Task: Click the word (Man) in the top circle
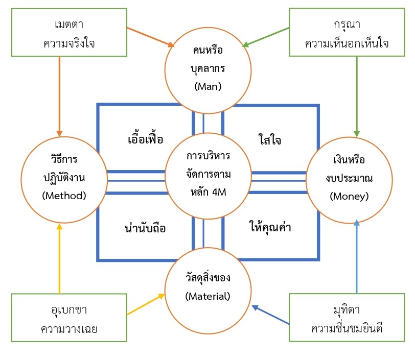tap(207, 86)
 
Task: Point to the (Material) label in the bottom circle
tap(207, 296)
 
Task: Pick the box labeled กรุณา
tap(347, 32)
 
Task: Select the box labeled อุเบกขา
tap(69, 317)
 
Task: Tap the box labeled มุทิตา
tap(347, 317)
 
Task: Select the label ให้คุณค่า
tap(270, 228)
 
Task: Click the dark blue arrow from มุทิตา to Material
tap(271, 315)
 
